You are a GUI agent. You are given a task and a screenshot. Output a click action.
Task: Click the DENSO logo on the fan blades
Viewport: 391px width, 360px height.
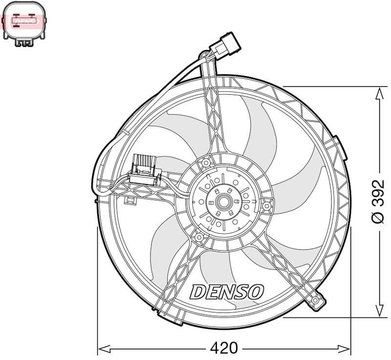coord(226,292)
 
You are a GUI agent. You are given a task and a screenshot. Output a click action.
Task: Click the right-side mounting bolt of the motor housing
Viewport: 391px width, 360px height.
coord(266,206)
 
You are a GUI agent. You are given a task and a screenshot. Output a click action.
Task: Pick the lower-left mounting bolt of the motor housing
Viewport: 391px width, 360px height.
coord(199,237)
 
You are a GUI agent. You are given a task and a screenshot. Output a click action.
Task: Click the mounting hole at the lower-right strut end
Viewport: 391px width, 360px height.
coord(317,299)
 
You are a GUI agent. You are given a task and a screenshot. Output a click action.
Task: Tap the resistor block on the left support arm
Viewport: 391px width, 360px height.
coord(145,167)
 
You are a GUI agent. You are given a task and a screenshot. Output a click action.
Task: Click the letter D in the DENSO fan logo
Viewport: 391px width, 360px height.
coord(197,292)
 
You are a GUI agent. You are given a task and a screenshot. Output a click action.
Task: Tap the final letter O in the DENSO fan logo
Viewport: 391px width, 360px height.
coord(256,292)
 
